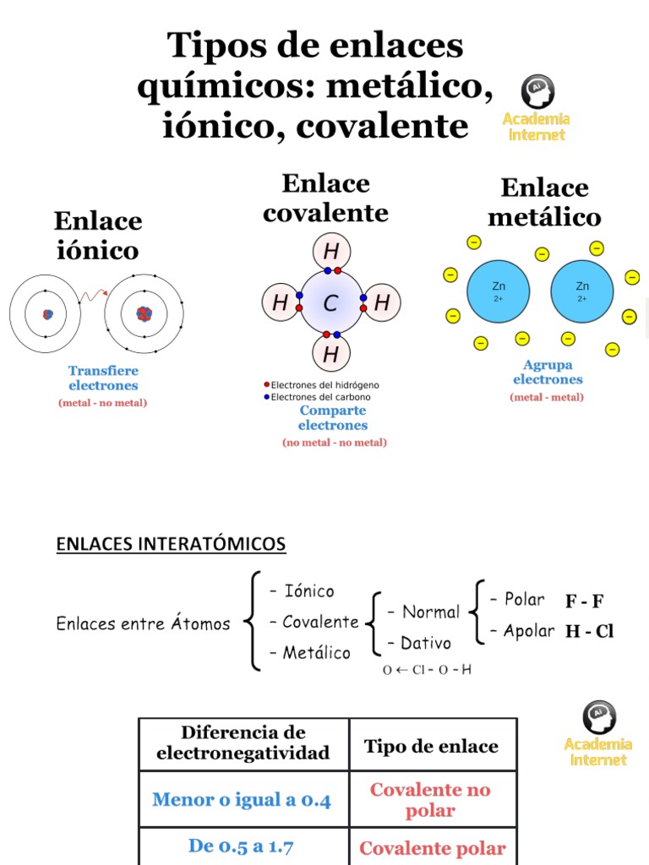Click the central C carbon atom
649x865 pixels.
pos(331,302)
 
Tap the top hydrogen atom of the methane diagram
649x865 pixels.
pos(331,251)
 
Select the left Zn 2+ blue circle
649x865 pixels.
pos(498,291)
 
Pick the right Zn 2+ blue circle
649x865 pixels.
pos(581,291)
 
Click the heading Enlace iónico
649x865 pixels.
pos(98,236)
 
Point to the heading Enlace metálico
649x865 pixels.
pos(544,202)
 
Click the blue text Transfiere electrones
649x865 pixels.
pos(103,378)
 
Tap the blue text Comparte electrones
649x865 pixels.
pos(333,417)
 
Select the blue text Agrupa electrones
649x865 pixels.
pos(548,372)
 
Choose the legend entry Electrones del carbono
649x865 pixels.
pos(320,396)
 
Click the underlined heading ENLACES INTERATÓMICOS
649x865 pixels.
pos(171,544)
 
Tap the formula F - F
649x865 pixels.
pos(585,601)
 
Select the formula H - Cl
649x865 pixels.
pos(589,631)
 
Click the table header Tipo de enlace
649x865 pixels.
pos(431,746)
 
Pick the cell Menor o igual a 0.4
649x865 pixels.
pos(242,799)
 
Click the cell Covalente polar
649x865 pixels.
pos(433,848)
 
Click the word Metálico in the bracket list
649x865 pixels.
pos(316,652)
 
